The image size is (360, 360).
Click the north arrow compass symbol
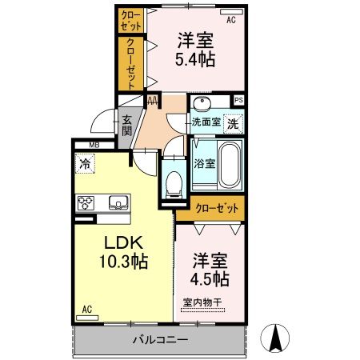pyautogui.click(x=278, y=338)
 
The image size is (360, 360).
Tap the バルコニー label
pyautogui.click(x=159, y=340)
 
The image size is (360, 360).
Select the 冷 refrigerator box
pyautogui.click(x=85, y=164)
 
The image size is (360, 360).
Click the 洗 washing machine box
pyautogui.click(x=232, y=123)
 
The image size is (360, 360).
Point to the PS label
pyautogui.click(x=238, y=100)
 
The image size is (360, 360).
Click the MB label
pyautogui.click(x=94, y=145)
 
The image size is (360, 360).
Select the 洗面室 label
pyautogui.click(x=205, y=122)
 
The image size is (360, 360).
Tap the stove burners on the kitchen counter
pyautogui.click(x=86, y=203)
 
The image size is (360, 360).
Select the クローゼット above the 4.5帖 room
pyautogui.click(x=216, y=208)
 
